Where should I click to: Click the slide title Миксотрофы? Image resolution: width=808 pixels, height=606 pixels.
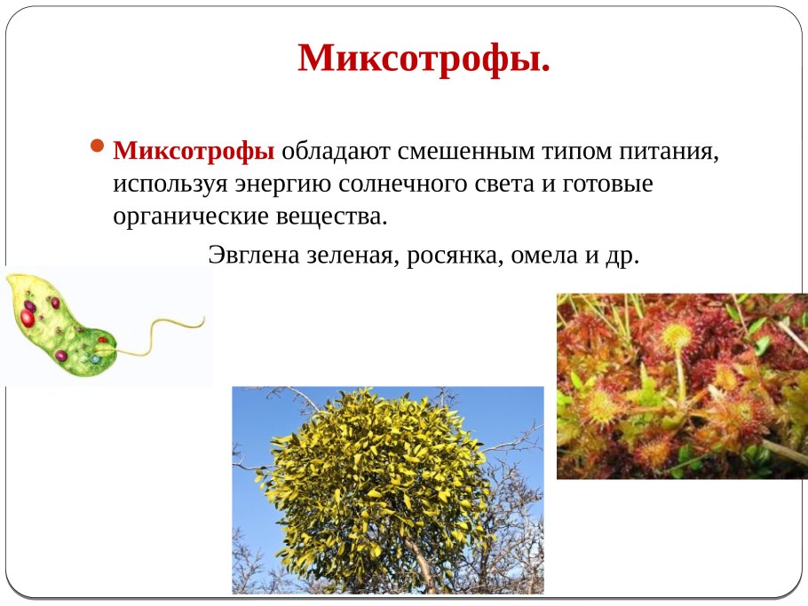click(424, 59)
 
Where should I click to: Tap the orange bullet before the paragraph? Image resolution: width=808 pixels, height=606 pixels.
click(99, 146)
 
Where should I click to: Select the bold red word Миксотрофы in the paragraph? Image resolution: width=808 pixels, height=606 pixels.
click(194, 152)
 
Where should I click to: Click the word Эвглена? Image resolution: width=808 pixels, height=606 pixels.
click(254, 256)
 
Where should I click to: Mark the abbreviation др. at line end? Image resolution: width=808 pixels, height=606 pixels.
click(624, 256)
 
